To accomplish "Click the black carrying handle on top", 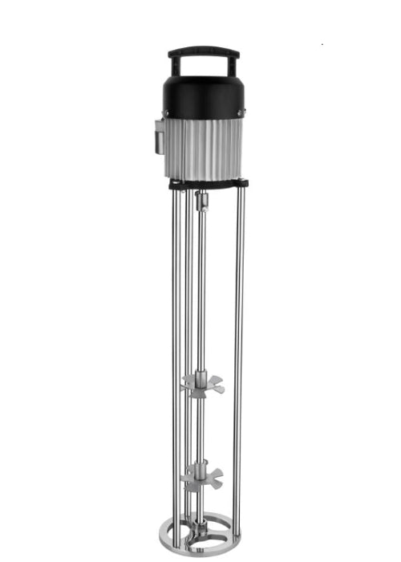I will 203,51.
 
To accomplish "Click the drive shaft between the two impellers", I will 200,430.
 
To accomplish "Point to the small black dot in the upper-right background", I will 322,44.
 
